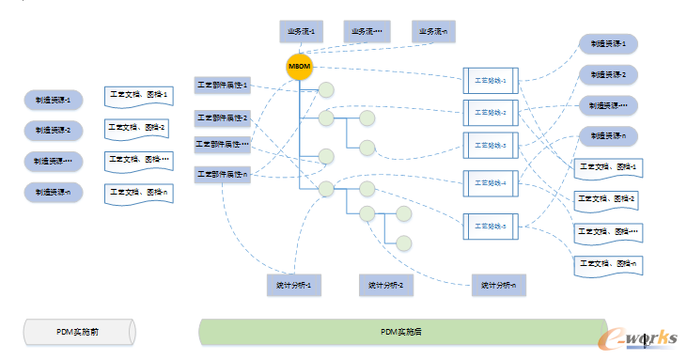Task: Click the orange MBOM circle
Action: (299, 68)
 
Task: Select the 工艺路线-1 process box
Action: (491, 80)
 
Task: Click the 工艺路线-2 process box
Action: (491, 113)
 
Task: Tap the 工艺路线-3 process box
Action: (491, 146)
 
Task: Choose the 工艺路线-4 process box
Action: (491, 182)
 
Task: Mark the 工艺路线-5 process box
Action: (491, 226)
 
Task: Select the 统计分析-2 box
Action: (385, 284)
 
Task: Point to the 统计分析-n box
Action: (499, 284)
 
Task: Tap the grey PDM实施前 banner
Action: (79, 331)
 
